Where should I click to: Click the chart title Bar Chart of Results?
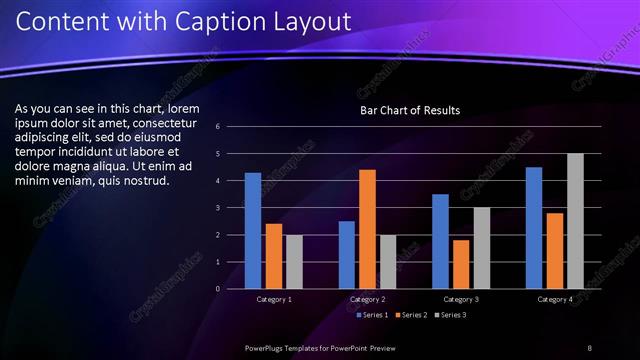point(410,110)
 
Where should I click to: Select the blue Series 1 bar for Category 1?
point(253,231)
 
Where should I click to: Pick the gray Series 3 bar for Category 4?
point(575,221)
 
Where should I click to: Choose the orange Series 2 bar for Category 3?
point(461,264)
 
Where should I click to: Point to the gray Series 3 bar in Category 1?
point(294,262)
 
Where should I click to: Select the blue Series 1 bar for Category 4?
point(534,228)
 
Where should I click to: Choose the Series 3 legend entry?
point(451,315)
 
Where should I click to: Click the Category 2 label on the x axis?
point(367,299)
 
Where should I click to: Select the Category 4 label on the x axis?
point(554,299)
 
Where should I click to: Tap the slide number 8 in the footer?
point(589,347)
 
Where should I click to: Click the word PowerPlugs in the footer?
point(267,347)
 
